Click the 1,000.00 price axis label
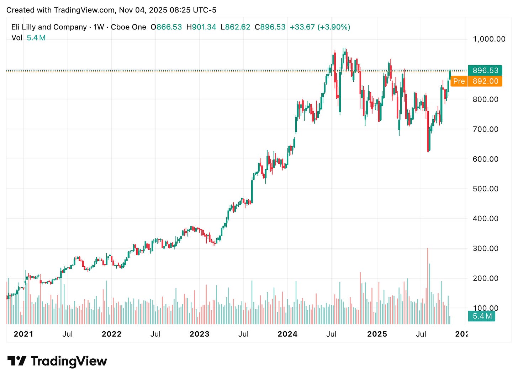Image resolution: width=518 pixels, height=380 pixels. tap(489, 39)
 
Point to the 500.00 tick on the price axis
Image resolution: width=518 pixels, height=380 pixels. tap(485, 189)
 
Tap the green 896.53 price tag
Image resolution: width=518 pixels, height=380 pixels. tap(485, 70)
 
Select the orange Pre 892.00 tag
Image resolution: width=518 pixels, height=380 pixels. tap(476, 81)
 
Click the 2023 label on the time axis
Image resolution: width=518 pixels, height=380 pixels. tap(199, 334)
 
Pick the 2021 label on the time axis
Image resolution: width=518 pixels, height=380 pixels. tap(23, 334)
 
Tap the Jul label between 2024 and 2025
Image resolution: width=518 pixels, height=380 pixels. tap(331, 334)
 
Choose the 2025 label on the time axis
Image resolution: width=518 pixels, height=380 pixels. tap(377, 334)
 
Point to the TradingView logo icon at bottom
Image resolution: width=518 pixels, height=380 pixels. tap(17, 361)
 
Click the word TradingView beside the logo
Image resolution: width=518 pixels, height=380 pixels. tap(69, 361)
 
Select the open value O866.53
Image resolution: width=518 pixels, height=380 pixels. tap(166, 27)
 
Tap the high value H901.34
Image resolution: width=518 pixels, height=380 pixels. tap(201, 27)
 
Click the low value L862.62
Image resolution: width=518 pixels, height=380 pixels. tap(235, 27)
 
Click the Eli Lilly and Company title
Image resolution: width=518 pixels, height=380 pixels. tap(49, 27)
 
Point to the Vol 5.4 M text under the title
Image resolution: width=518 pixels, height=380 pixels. tap(28, 38)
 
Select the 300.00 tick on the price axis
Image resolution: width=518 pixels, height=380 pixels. tap(485, 248)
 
